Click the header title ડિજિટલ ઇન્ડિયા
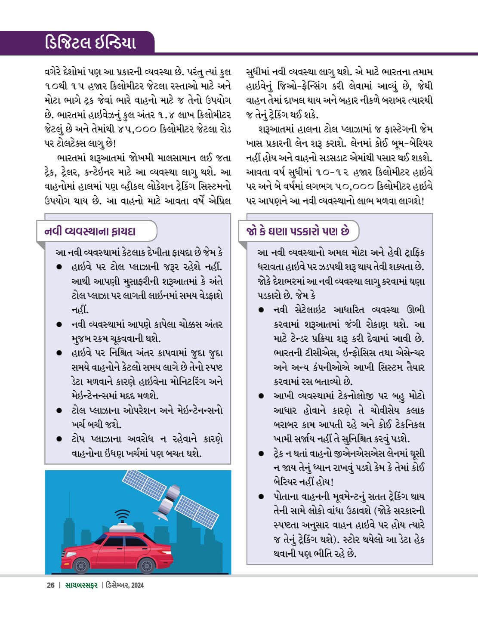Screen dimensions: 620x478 tap(90, 43)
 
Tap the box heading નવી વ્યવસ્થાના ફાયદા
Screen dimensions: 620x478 tap(90, 231)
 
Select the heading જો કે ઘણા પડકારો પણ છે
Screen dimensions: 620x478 tap(297, 231)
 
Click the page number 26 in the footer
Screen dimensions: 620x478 tap(51, 585)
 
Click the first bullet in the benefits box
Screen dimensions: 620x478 tap(60, 267)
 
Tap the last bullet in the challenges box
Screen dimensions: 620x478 tap(261, 497)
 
